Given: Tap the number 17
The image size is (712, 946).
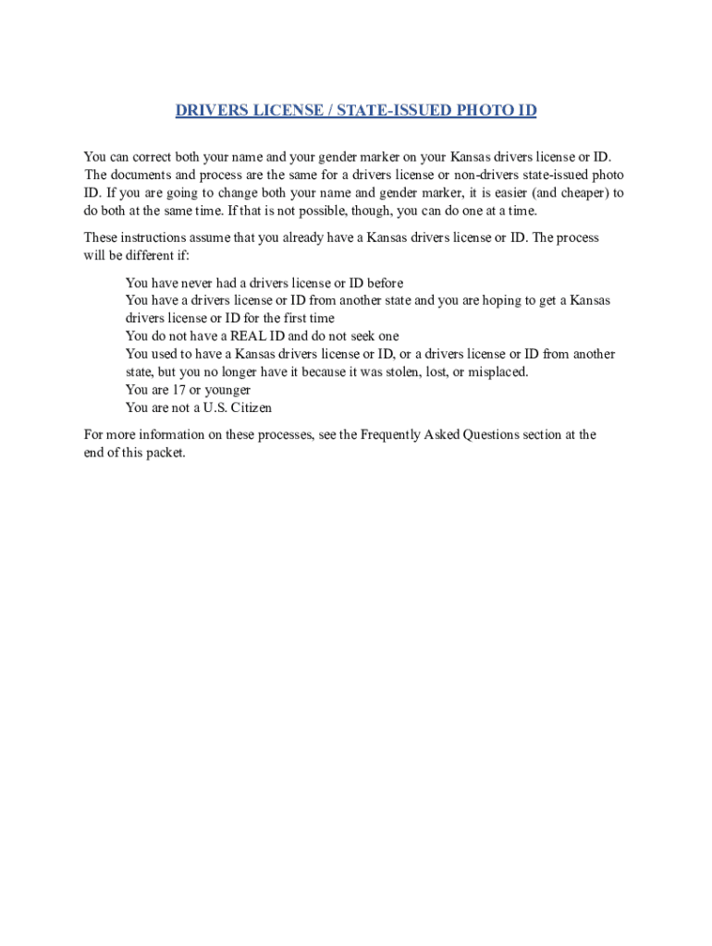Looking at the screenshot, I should pyautogui.click(x=180, y=390).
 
